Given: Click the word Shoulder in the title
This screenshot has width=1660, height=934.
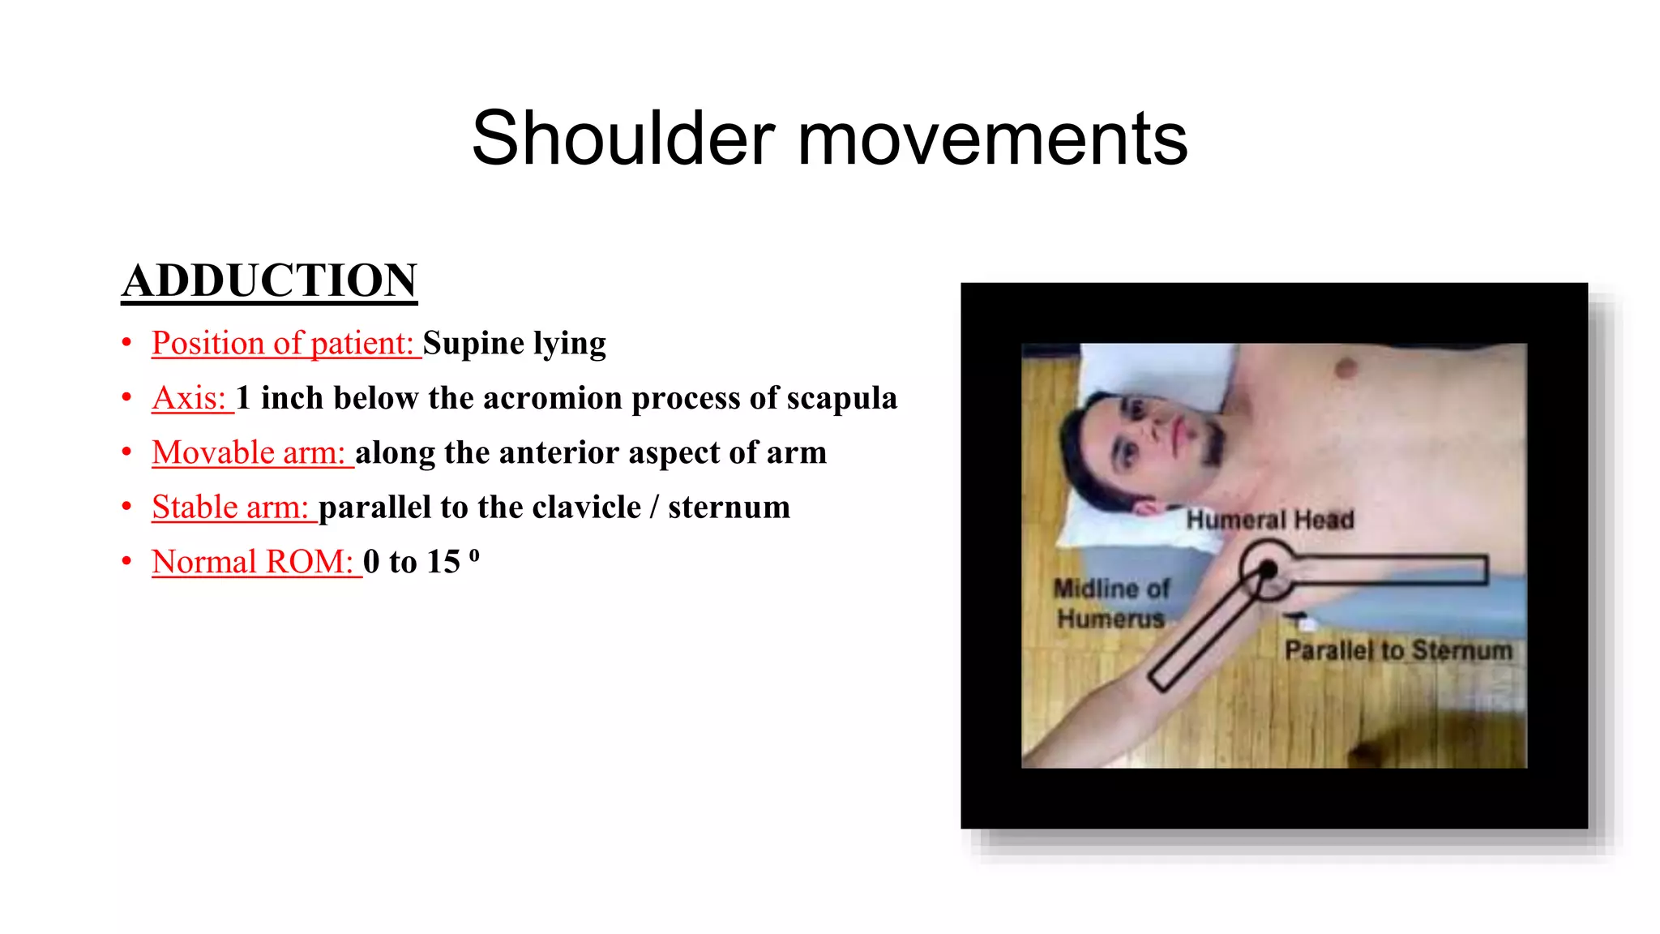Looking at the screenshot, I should [x=622, y=139].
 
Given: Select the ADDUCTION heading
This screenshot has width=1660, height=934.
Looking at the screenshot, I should [x=269, y=281].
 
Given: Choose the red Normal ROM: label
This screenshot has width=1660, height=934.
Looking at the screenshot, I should [x=254, y=562].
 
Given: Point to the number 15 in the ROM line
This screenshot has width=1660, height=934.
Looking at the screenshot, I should [x=443, y=562].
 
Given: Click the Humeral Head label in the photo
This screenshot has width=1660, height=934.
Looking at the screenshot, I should [x=1270, y=520].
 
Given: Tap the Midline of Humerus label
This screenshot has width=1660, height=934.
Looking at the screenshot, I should [x=1111, y=603].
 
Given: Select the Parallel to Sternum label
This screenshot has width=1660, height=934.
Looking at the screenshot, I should [x=1398, y=650].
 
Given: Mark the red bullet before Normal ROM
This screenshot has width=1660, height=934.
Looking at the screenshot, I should [x=126, y=561].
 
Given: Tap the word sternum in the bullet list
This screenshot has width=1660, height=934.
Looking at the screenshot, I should [x=729, y=508].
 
